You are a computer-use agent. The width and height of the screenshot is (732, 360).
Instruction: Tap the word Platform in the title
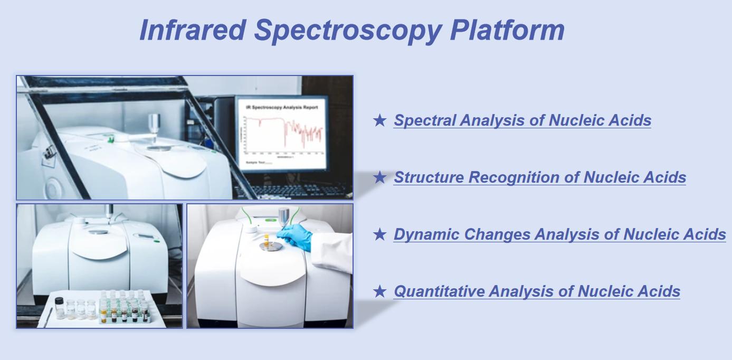[x=507, y=30]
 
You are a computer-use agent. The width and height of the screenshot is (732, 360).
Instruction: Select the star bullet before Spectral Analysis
[x=379, y=120]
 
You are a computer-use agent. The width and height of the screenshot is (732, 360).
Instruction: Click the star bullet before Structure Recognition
[x=379, y=177]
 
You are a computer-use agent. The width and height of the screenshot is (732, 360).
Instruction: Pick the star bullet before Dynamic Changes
[x=379, y=234]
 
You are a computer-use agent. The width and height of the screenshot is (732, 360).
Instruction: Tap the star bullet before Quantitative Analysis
[x=379, y=291]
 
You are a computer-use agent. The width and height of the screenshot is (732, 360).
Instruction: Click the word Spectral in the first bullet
[x=425, y=120]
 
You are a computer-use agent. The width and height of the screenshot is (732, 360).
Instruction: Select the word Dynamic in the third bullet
[x=426, y=234]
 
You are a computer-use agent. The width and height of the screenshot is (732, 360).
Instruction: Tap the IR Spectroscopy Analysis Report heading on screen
[x=282, y=107]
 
